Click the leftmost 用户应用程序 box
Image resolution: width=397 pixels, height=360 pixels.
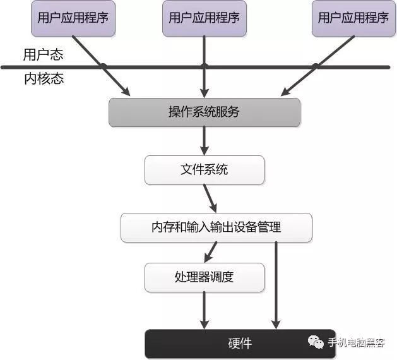point(73,18)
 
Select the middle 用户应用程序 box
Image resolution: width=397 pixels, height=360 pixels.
point(204,18)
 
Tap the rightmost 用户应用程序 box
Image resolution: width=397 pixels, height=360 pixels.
point(353,18)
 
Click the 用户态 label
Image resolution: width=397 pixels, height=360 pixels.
point(42,55)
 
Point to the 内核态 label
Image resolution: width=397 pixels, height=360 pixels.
point(42,79)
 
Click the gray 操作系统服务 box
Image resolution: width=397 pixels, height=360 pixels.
point(204,112)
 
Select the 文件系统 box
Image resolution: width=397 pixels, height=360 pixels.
point(204,170)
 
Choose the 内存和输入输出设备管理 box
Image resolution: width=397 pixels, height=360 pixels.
point(216,227)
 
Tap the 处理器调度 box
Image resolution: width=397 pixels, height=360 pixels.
point(204,277)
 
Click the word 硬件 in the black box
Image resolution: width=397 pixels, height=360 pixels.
point(240,344)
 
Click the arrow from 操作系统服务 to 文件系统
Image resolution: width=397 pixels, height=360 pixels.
point(204,140)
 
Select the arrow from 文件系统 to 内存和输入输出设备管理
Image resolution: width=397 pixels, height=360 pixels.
point(210,198)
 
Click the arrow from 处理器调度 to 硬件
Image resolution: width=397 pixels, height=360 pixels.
point(204,309)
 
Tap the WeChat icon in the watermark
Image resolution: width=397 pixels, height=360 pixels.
point(316,343)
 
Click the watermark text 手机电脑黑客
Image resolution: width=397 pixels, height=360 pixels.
point(357,343)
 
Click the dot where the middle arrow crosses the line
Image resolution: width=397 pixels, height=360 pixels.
point(204,66)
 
